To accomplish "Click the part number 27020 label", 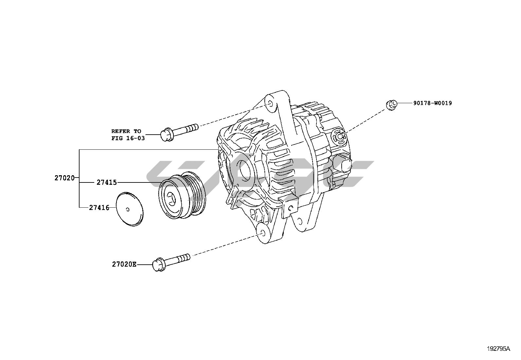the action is [x=64, y=178].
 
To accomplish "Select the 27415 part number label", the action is [x=107, y=182].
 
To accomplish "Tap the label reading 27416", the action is [x=99, y=207].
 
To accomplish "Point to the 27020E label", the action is [x=124, y=264].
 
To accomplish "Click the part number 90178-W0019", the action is [x=432, y=103].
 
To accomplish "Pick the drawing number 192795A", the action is [x=498, y=349].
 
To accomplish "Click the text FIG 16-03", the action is [x=128, y=138].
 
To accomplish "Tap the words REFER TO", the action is [x=126, y=131].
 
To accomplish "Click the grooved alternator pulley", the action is [x=182, y=195].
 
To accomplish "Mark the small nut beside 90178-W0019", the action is [x=391, y=105].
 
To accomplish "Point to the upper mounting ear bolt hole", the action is [x=270, y=104].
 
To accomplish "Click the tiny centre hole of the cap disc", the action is [x=127, y=209].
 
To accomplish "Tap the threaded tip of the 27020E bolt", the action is [x=185, y=257].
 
